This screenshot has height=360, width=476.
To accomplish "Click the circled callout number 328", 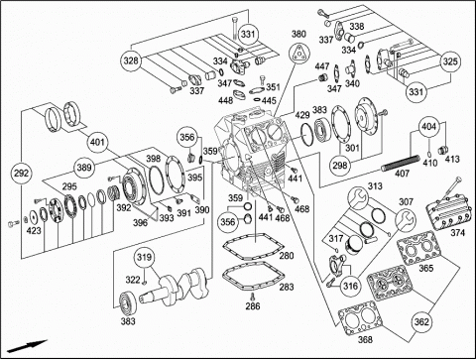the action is [131, 60].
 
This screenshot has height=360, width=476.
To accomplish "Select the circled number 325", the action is [450, 61].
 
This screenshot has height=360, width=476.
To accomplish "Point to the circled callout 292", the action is [21, 173].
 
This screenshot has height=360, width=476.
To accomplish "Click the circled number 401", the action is [97, 142].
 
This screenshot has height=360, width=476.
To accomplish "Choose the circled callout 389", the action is [84, 167].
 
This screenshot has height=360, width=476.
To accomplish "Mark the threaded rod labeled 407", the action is [401, 163].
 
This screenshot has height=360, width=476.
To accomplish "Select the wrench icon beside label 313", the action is [358, 198].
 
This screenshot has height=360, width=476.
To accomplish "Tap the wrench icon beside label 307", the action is [407, 219].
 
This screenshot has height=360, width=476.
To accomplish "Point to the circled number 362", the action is [421, 321].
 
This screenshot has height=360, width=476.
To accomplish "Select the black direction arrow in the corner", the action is [28, 345].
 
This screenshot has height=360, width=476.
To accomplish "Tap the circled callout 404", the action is [429, 126].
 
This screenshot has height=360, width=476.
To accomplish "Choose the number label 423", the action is [34, 230].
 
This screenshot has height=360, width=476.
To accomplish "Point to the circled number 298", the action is [340, 165].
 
